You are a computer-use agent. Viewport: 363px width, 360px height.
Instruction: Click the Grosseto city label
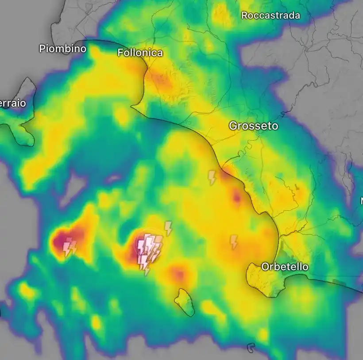[x=254, y=126]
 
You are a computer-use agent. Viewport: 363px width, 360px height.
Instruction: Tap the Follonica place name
[x=140, y=53]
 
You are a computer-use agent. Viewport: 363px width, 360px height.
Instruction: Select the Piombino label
[x=62, y=48]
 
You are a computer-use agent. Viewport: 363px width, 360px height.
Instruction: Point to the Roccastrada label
[x=270, y=15]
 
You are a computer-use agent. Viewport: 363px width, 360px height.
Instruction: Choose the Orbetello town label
[x=285, y=267]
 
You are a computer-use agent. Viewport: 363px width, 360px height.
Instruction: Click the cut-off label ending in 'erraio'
[x=13, y=103]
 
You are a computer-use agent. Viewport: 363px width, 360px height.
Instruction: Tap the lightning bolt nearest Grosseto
[x=212, y=177]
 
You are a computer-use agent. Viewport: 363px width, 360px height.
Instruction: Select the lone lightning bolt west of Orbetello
[x=234, y=241]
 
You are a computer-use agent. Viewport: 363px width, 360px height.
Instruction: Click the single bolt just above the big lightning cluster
[x=168, y=228]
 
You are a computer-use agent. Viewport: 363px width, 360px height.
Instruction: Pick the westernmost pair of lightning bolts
[x=70, y=247]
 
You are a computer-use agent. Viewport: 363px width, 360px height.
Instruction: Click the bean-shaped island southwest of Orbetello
[x=185, y=302]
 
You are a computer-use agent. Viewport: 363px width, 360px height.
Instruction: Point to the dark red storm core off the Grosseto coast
[x=237, y=197]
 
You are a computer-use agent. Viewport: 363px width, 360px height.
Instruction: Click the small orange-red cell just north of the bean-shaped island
[x=178, y=275]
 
